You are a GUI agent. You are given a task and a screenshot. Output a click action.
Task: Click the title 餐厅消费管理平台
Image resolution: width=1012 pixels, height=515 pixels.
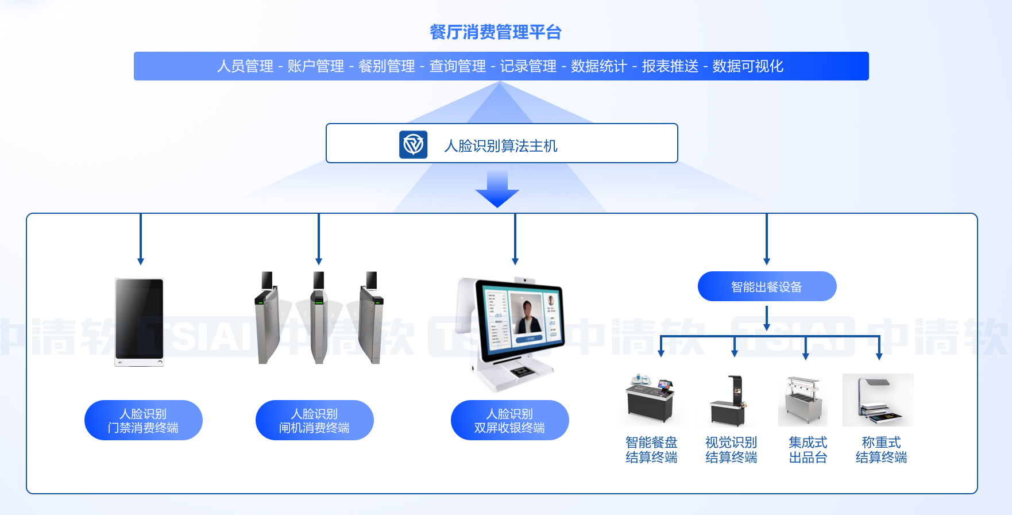pyautogui.click(x=495, y=32)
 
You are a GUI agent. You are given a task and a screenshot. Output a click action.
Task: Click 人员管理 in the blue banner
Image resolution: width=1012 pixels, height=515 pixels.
pyautogui.click(x=245, y=66)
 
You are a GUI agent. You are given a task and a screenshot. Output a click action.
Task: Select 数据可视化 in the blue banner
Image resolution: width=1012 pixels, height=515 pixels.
pyautogui.click(x=748, y=66)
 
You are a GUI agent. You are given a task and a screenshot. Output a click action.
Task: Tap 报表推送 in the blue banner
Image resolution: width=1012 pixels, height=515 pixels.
pyautogui.click(x=670, y=66)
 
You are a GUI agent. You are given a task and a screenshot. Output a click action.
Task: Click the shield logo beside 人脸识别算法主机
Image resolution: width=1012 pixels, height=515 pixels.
pyautogui.click(x=414, y=144)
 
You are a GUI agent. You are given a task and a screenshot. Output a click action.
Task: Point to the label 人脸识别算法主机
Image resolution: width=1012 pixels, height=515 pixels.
pyautogui.click(x=501, y=146)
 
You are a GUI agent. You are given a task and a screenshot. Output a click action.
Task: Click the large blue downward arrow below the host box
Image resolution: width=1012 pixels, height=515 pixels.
pyautogui.click(x=497, y=190)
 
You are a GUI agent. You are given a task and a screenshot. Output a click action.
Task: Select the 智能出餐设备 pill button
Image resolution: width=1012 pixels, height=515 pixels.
pyautogui.click(x=767, y=286)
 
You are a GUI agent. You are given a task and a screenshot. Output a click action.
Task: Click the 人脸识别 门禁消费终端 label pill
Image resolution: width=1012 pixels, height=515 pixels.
pyautogui.click(x=143, y=420)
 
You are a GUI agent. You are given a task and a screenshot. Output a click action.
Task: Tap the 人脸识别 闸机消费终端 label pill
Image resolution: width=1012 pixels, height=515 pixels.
pyautogui.click(x=314, y=420)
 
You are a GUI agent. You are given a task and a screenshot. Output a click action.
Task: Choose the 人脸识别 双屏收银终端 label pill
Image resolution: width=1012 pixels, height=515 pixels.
pyautogui.click(x=509, y=420)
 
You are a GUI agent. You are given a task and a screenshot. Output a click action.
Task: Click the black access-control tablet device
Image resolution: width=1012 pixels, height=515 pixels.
pyautogui.click(x=140, y=321)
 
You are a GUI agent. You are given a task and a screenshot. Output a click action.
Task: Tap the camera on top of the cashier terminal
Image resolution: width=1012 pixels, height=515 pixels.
pyautogui.click(x=524, y=280)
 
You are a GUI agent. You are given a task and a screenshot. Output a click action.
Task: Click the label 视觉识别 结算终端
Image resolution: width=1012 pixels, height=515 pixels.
pyautogui.click(x=731, y=449)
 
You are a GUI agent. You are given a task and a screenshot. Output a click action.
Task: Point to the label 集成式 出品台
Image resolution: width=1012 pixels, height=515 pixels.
pyautogui.click(x=808, y=449)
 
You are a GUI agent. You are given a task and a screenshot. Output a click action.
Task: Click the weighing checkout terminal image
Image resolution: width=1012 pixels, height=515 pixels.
pyautogui.click(x=878, y=400)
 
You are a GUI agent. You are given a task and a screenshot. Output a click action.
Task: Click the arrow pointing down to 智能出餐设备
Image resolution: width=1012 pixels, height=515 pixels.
pyautogui.click(x=767, y=241)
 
